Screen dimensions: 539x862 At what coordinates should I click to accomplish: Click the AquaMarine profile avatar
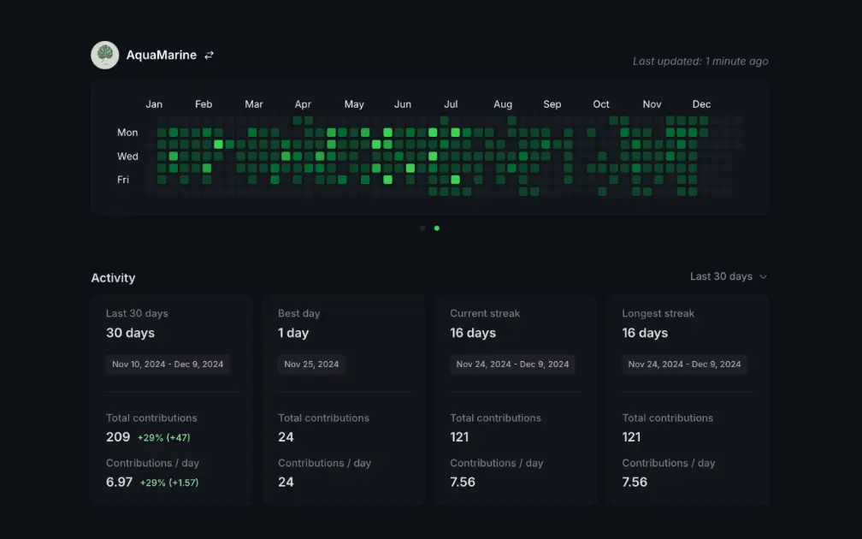click(x=105, y=55)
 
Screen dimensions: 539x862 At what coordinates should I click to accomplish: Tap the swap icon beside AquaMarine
click(x=209, y=55)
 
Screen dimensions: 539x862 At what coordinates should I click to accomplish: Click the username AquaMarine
click(x=161, y=55)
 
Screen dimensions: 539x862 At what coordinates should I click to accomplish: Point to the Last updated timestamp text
click(x=700, y=62)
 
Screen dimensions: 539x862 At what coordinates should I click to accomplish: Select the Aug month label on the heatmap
click(x=503, y=104)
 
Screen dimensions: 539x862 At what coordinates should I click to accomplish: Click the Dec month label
click(x=701, y=104)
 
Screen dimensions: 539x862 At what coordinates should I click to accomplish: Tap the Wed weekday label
click(x=127, y=157)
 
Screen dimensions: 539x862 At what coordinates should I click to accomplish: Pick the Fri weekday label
click(x=123, y=180)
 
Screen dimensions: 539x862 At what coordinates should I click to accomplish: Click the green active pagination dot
click(x=437, y=228)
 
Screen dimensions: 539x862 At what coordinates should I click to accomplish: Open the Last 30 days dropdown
click(x=729, y=276)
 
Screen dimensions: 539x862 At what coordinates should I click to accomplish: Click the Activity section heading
click(x=113, y=278)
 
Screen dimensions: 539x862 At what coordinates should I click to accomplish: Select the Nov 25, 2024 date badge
click(x=311, y=364)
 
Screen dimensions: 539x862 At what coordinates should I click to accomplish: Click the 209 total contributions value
click(x=118, y=437)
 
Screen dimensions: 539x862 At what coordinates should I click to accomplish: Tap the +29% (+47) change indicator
click(x=164, y=438)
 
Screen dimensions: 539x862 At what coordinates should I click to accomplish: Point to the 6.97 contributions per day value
click(x=119, y=482)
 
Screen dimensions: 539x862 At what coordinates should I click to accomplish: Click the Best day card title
click(x=298, y=314)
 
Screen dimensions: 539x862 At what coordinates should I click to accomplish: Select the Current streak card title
click(x=485, y=314)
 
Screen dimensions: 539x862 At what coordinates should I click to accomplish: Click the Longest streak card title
click(x=658, y=314)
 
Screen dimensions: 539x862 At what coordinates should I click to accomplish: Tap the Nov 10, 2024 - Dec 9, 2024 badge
click(x=168, y=364)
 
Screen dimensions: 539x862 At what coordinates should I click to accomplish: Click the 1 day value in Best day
click(x=293, y=333)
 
